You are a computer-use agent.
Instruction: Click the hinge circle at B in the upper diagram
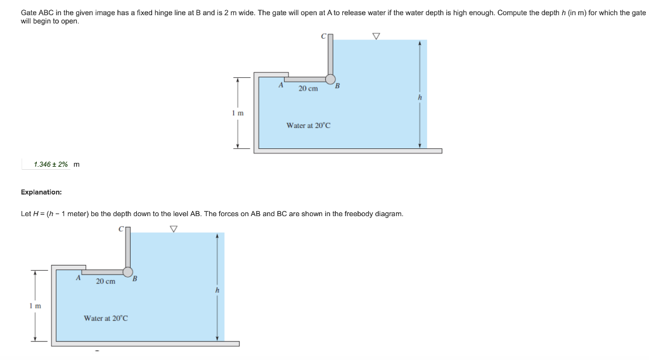(x=330, y=79)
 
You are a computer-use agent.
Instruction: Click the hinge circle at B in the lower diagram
(x=127, y=271)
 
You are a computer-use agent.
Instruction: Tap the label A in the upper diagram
(x=281, y=84)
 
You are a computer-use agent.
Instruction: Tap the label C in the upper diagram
(x=323, y=37)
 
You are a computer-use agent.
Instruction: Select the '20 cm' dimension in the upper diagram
(x=308, y=89)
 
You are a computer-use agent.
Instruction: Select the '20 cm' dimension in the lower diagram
(x=105, y=281)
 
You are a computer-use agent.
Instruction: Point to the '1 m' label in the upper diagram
(x=238, y=113)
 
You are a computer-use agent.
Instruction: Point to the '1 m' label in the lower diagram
(x=35, y=306)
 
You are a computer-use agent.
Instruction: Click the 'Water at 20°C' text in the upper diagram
(x=308, y=125)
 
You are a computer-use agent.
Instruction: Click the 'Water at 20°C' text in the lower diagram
(x=106, y=318)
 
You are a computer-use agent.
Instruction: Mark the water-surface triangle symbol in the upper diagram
(x=376, y=36)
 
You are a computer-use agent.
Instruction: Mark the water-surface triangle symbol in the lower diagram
(x=173, y=229)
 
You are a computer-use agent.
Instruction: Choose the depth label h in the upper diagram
(x=420, y=98)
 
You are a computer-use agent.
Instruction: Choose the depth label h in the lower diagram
(x=217, y=290)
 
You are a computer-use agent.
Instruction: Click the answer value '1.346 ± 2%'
(x=51, y=165)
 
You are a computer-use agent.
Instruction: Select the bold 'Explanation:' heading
(x=41, y=191)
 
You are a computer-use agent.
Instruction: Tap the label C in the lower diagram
(x=120, y=229)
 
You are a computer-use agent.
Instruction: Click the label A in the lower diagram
(x=78, y=277)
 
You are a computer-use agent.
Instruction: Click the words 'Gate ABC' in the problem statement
(x=35, y=13)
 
